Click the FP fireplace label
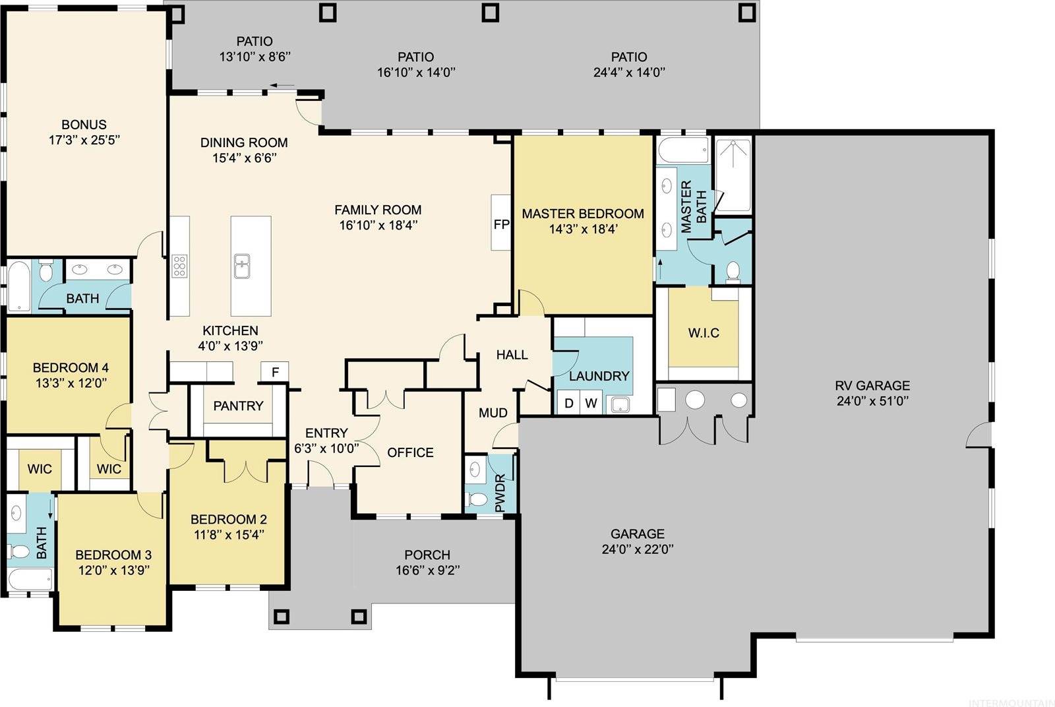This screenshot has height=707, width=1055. [501, 224]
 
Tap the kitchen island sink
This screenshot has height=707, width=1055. [242, 267]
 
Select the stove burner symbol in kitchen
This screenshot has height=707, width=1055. [179, 266]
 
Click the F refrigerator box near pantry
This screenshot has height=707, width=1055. [276, 373]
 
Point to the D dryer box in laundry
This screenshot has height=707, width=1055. [569, 403]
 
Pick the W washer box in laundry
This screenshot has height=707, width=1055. [591, 403]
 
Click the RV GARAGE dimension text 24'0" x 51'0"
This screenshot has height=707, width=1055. [872, 401]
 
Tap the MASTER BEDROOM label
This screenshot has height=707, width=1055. [583, 214]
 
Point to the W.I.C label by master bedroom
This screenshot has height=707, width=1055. [704, 333]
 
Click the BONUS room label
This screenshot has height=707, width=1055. [84, 125]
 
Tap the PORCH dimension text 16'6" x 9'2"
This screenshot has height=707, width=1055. [427, 570]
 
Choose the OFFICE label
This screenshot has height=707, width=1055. [410, 452]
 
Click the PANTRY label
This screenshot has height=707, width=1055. [238, 406]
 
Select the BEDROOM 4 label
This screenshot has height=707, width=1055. [71, 367]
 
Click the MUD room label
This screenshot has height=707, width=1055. [493, 413]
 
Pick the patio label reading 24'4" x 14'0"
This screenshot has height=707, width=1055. [628, 73]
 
